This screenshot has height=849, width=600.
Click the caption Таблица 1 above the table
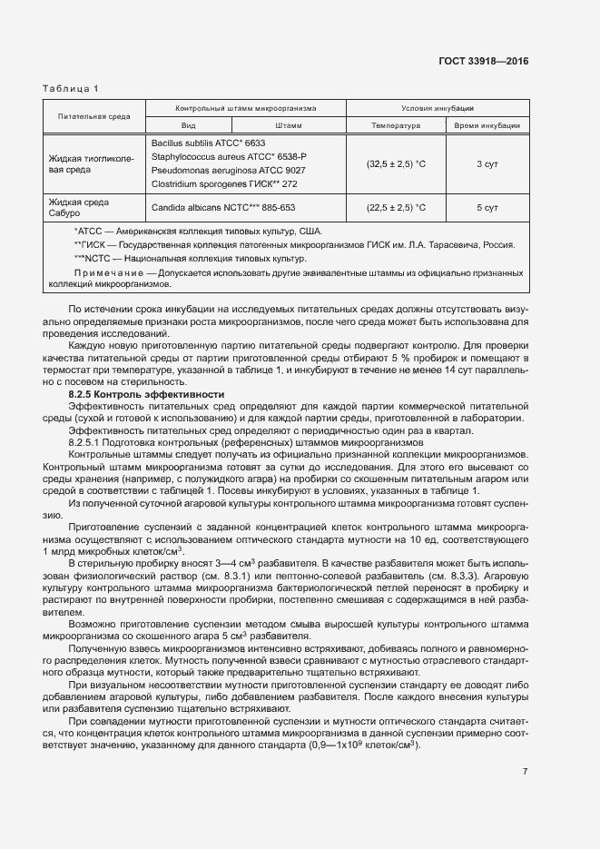71,88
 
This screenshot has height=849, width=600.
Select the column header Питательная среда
93,116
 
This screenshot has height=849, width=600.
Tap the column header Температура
396,125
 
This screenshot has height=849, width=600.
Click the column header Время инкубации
487,125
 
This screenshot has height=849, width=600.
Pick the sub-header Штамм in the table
288,125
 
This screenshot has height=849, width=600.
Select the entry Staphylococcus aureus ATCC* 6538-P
229,157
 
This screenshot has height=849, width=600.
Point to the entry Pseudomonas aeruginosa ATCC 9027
228,171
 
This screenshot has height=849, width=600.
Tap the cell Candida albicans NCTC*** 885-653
223,208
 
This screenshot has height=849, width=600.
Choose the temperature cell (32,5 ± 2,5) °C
396,164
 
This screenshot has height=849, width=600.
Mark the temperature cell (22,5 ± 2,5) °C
396,208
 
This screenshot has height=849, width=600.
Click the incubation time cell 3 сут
487,164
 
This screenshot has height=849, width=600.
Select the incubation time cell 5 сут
487,208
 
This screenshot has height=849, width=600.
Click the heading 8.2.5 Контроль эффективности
146,395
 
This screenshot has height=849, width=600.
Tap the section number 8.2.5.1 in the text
88,441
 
